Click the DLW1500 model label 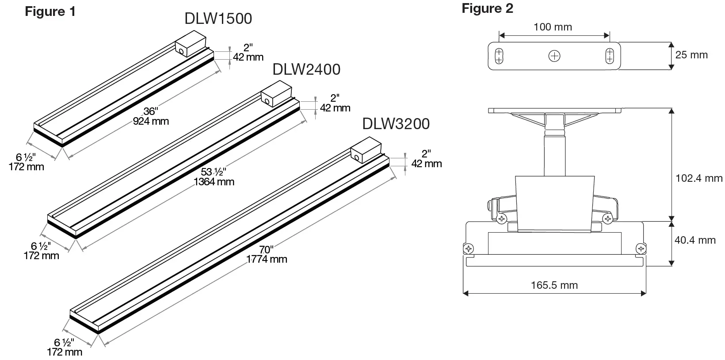[218, 19]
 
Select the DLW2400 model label [306, 69]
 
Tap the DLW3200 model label [396, 124]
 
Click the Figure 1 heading [50, 11]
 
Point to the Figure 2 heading [487, 8]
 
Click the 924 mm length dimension [151, 121]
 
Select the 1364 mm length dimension [214, 181]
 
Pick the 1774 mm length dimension [267, 259]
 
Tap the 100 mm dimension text [553, 27]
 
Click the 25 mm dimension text [691, 55]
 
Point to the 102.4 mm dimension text [699, 178]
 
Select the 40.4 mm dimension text [695, 240]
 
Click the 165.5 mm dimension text [554, 285]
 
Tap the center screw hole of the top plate [554, 56]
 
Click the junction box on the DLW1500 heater [191, 43]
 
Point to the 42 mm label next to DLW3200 [427, 164]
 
